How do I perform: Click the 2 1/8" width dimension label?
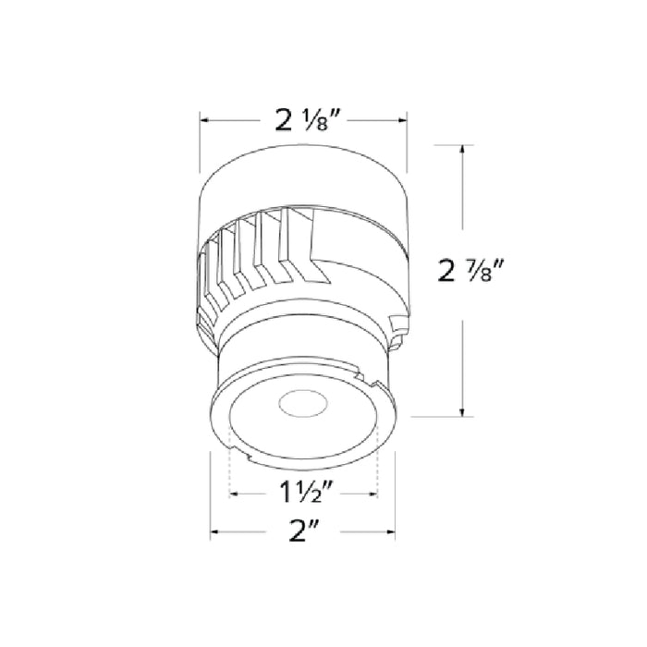304,120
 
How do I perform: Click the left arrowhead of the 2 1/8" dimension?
205,120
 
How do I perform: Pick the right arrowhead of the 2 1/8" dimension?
404,120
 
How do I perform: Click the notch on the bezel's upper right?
375,380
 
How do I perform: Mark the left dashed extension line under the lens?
228,471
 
